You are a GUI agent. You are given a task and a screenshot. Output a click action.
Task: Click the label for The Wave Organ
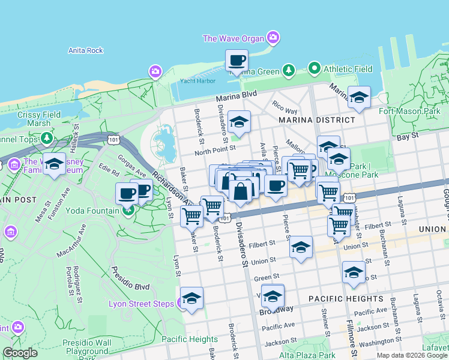233,38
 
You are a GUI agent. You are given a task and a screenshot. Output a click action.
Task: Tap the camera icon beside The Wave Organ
273,38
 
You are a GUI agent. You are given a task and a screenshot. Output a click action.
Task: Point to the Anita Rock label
86,50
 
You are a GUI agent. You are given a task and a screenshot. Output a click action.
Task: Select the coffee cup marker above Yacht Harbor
237,61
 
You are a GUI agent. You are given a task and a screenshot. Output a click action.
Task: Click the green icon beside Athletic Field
314,69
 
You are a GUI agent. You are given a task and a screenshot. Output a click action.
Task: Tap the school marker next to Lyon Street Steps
191,298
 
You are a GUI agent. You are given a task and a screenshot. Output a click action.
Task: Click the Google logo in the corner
20,353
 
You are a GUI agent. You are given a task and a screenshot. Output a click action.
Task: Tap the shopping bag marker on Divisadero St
240,192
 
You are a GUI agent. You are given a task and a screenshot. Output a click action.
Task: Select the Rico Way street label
285,107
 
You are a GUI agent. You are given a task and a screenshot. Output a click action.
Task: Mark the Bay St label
406,137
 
